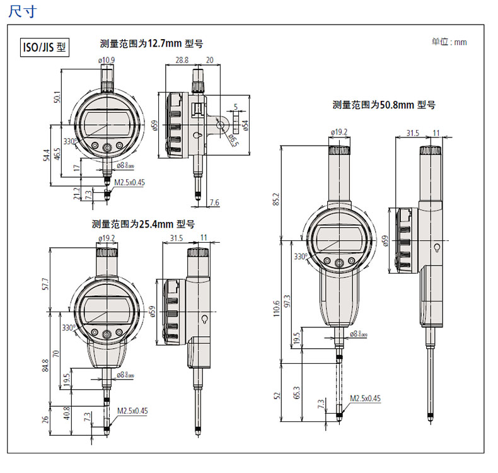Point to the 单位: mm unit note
coord(449,42)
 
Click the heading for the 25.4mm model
coord(143,224)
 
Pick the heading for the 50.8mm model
coord(384,105)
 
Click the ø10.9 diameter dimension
coord(106,61)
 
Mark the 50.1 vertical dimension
coord(57,98)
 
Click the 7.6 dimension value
coord(214,202)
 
